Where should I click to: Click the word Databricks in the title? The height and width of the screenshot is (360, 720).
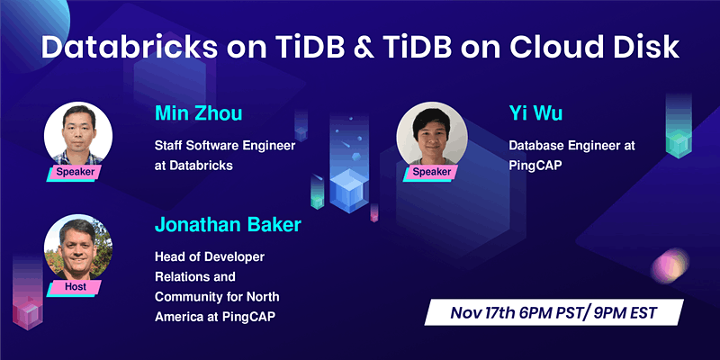point(120,47)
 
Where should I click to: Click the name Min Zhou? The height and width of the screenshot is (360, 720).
point(197,113)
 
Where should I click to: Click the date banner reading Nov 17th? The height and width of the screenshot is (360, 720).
point(553,315)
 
